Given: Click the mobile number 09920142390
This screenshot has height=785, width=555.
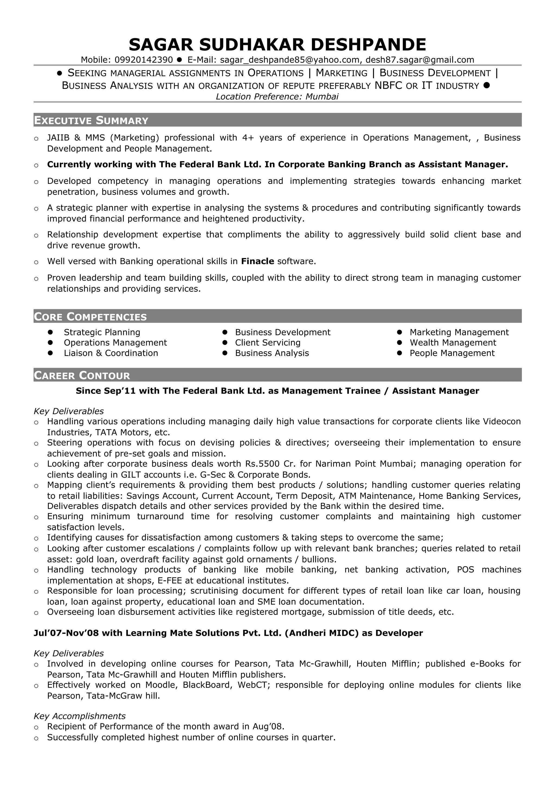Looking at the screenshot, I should (144, 60).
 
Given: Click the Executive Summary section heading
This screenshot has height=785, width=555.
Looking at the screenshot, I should (91, 120).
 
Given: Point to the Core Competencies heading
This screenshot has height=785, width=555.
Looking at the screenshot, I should (90, 317).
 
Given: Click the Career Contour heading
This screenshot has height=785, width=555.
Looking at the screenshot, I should (82, 375).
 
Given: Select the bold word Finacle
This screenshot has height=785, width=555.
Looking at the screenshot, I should (257, 261).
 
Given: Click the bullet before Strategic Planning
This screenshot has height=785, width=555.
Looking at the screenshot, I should (50, 332).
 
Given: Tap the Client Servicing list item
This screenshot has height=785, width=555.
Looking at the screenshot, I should (267, 343).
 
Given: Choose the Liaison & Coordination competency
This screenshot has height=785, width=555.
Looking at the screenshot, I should (111, 353).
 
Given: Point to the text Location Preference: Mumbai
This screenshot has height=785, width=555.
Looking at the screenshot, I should (277, 96).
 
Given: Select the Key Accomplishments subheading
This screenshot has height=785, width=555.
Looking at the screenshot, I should (79, 716).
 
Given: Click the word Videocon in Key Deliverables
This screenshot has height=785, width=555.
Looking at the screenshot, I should (501, 421).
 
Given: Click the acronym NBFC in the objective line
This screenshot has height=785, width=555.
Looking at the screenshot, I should (388, 86).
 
